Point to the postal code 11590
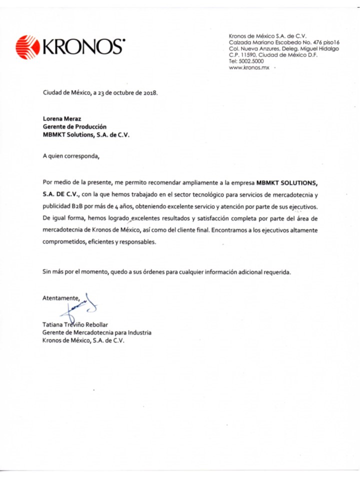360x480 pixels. click(x=249, y=54)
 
